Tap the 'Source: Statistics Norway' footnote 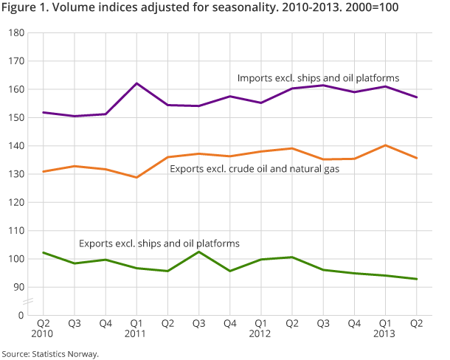click(x=49, y=353)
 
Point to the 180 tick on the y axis click(x=15, y=33)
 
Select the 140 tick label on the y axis click(x=15, y=146)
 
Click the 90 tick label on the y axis click(x=18, y=287)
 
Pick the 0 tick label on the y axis click(x=21, y=315)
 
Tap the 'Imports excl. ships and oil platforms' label click(x=318, y=77)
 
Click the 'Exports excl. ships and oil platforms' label click(x=159, y=242)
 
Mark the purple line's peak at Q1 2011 click(x=137, y=83)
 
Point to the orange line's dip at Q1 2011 click(x=137, y=177)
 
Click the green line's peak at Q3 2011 click(x=200, y=252)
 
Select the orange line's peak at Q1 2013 click(x=385, y=145)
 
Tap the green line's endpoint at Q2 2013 click(x=417, y=279)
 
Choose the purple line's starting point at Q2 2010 click(x=44, y=112)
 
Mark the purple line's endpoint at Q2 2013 click(x=417, y=97)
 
